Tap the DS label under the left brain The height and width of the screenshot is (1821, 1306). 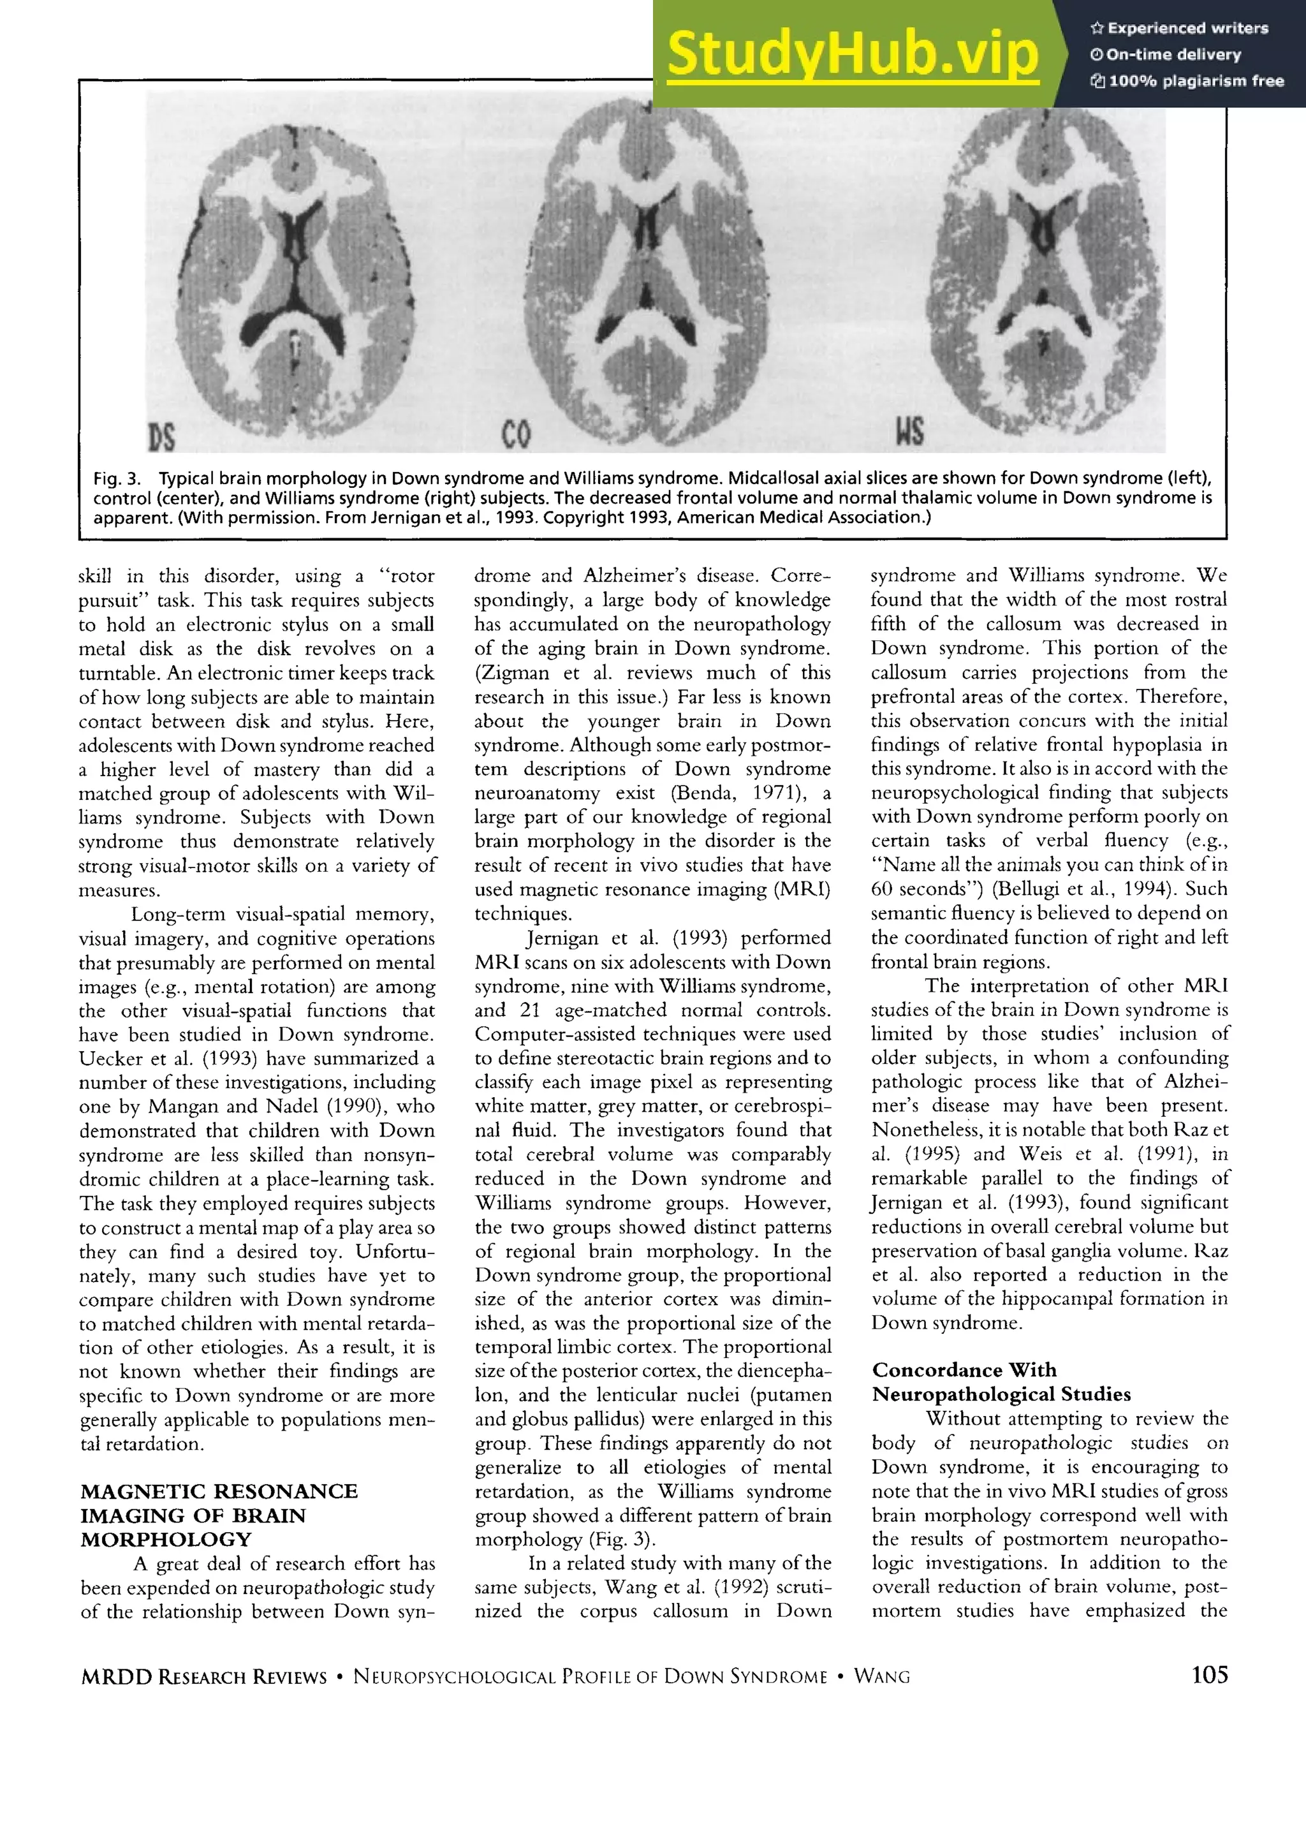coord(161,438)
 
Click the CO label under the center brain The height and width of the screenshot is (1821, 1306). coord(516,435)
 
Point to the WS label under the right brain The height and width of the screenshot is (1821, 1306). coord(909,431)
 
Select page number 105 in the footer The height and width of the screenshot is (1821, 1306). coord(1209,1675)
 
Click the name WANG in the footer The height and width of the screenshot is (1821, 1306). coord(881,1676)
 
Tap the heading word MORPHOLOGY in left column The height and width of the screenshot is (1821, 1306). coord(165,1540)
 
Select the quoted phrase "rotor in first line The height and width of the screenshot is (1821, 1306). coord(406,577)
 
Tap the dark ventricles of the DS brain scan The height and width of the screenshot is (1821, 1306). coord(298,241)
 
